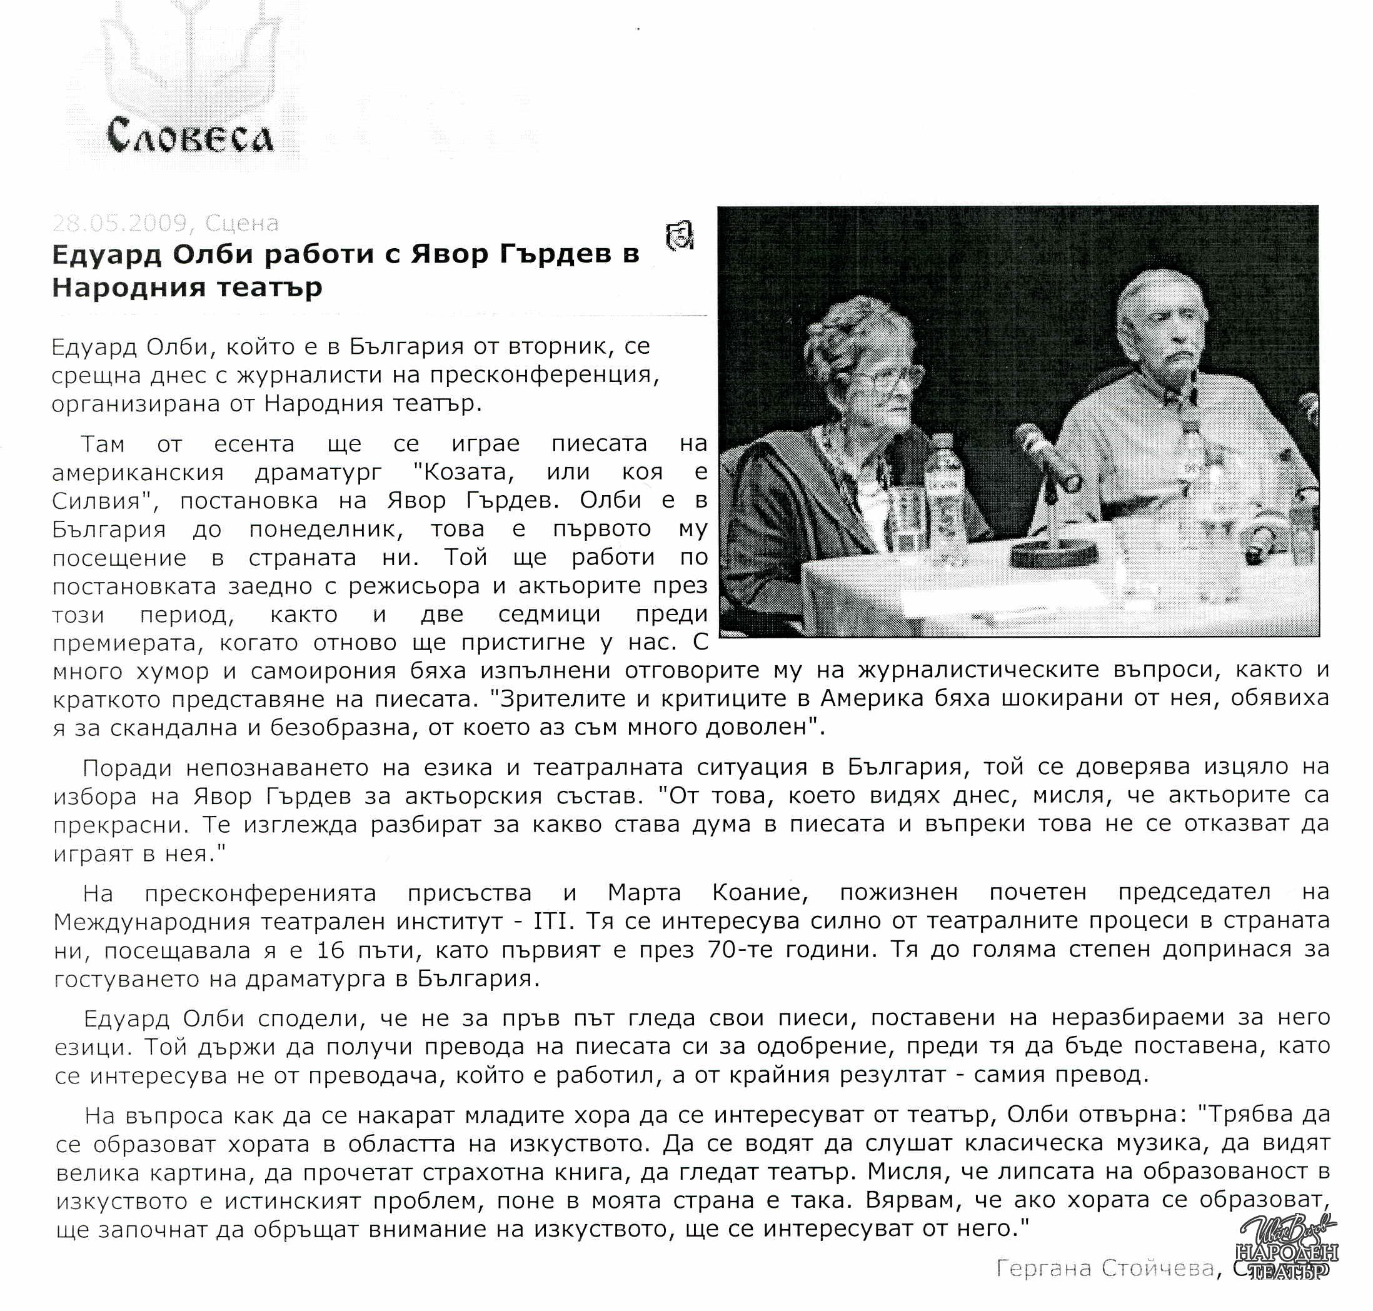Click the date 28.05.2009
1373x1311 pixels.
pyautogui.click(x=119, y=223)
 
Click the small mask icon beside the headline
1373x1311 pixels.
pyautogui.click(x=680, y=236)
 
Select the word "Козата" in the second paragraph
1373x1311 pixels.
pyautogui.click(x=463, y=473)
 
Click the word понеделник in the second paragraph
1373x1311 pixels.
pyautogui.click(x=326, y=530)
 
